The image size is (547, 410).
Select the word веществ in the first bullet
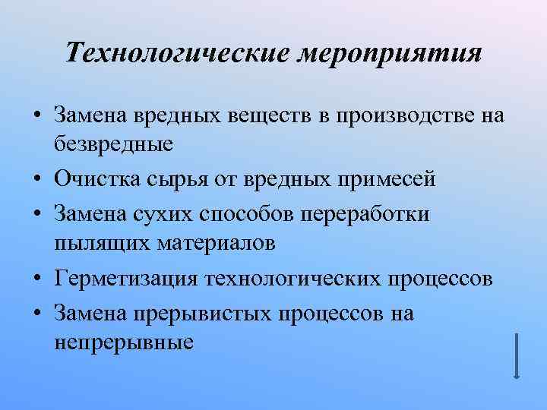pyautogui.click(x=270, y=115)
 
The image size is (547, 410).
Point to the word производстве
pyautogui.click(x=401, y=115)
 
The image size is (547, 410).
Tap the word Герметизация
pyautogui.click(x=126, y=278)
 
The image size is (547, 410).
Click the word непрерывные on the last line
pyautogui.click(x=125, y=339)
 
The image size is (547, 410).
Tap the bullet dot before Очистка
pyautogui.click(x=36, y=181)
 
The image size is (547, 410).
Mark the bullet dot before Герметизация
pyautogui.click(x=36, y=278)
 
